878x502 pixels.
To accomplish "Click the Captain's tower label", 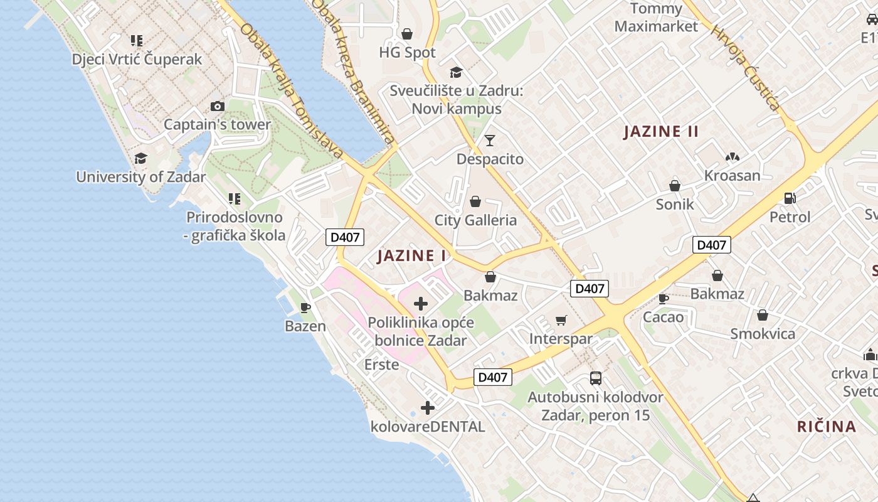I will click(x=217, y=124).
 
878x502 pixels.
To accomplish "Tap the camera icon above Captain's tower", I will click(x=218, y=106).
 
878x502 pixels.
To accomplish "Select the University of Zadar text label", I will click(x=140, y=177).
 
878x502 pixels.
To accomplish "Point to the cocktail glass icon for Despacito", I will click(x=490, y=140).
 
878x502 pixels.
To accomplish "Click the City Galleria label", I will click(x=475, y=220).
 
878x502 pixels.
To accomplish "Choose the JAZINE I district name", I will click(x=412, y=255).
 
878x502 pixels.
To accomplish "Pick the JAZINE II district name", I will click(x=661, y=131).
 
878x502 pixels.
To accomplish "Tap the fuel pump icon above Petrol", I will click(x=790, y=198).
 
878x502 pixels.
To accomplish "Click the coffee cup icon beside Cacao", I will click(x=663, y=299).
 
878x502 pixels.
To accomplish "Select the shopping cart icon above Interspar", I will click(x=561, y=321).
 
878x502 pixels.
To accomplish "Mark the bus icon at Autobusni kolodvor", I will click(x=596, y=378).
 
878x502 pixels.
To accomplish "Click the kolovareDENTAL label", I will click(x=428, y=427).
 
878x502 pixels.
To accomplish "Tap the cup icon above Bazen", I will click(x=305, y=307).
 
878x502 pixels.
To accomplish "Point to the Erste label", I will click(x=381, y=364).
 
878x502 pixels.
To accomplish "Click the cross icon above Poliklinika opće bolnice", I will click(x=421, y=304).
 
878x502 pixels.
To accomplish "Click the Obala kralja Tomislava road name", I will click(x=292, y=91).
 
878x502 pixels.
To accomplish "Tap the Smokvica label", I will click(x=763, y=333).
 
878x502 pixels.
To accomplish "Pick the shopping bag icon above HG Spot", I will click(x=407, y=34).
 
